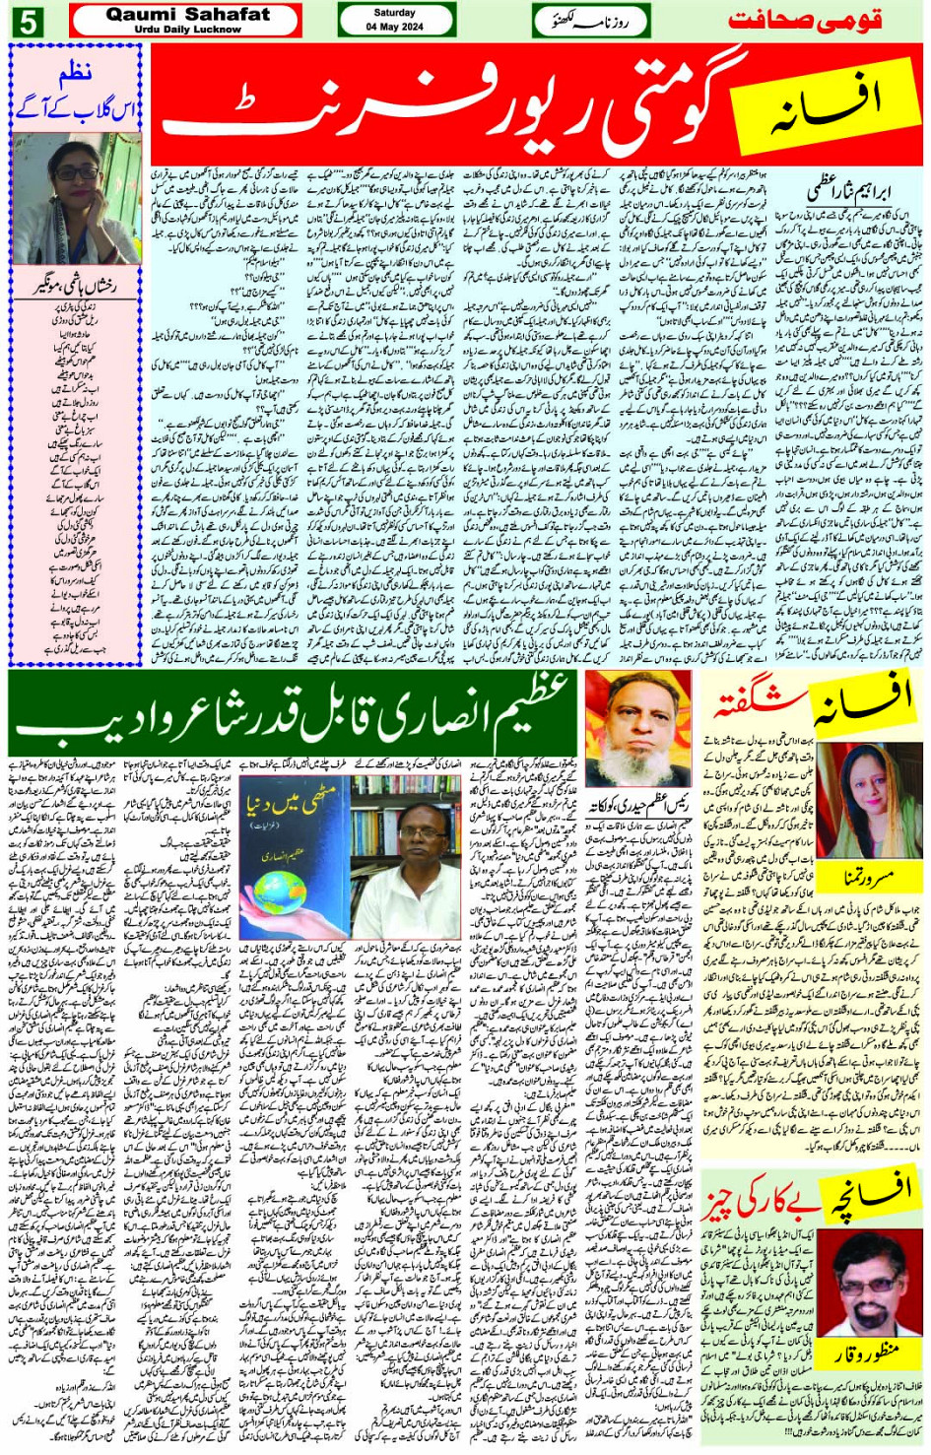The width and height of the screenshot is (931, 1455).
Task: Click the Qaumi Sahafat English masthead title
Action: pyautogui.click(x=187, y=15)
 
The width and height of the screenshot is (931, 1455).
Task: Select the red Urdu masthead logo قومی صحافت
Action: pyautogui.click(x=804, y=20)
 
